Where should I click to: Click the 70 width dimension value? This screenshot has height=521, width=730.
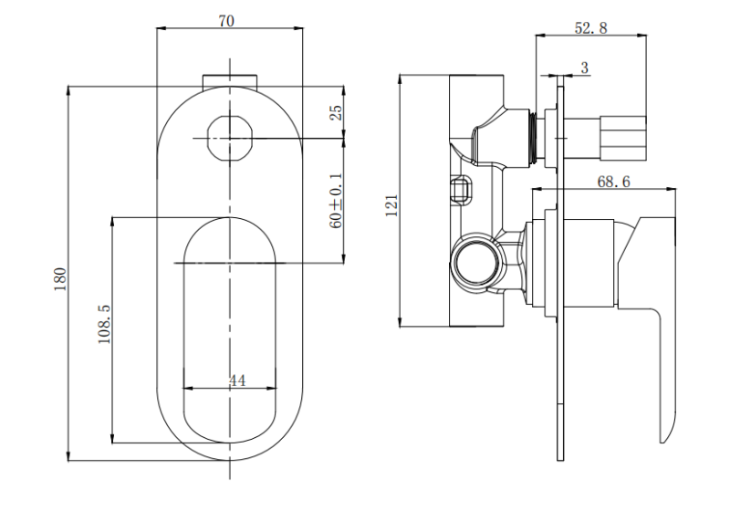point(226,21)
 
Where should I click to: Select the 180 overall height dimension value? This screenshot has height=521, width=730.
point(60,279)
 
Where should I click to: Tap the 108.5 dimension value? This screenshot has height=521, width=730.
point(104,324)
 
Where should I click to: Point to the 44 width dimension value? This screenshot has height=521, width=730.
point(237,380)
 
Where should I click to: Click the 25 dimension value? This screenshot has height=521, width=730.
point(336,112)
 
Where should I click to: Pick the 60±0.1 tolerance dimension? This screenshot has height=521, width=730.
point(336,201)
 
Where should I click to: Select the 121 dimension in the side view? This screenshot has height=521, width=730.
point(391,205)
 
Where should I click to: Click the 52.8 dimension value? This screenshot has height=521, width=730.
point(590,28)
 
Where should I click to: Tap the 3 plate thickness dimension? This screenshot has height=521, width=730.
point(585,68)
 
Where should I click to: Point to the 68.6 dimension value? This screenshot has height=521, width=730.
point(613,182)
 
